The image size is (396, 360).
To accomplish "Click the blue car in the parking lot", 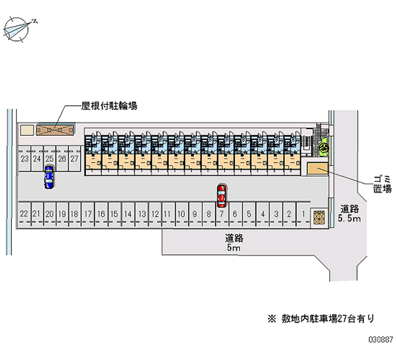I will [49, 178].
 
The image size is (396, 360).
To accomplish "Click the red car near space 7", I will [222, 196].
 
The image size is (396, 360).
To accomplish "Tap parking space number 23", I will [24, 159].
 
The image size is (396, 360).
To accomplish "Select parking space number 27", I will [74, 159].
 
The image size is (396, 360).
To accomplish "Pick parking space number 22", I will [23, 214].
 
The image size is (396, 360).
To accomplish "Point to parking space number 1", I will [302, 214].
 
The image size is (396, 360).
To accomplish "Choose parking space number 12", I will [155, 214].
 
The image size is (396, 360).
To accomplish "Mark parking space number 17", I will [88, 214].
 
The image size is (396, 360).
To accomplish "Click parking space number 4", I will [262, 214].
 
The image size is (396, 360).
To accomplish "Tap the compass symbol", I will [18, 29].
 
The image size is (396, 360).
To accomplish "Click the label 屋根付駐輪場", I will [109, 105].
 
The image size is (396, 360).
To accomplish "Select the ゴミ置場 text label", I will [382, 183].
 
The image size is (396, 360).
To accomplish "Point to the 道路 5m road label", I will [234, 243].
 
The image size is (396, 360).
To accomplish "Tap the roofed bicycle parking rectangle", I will [55, 130].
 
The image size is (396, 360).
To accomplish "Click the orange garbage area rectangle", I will [317, 169].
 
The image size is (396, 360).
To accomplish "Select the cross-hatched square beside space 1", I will [318, 217].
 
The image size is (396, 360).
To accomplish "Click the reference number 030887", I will [380, 341].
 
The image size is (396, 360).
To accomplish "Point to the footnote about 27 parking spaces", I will [321, 318].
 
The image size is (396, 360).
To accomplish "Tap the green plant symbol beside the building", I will [324, 145].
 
